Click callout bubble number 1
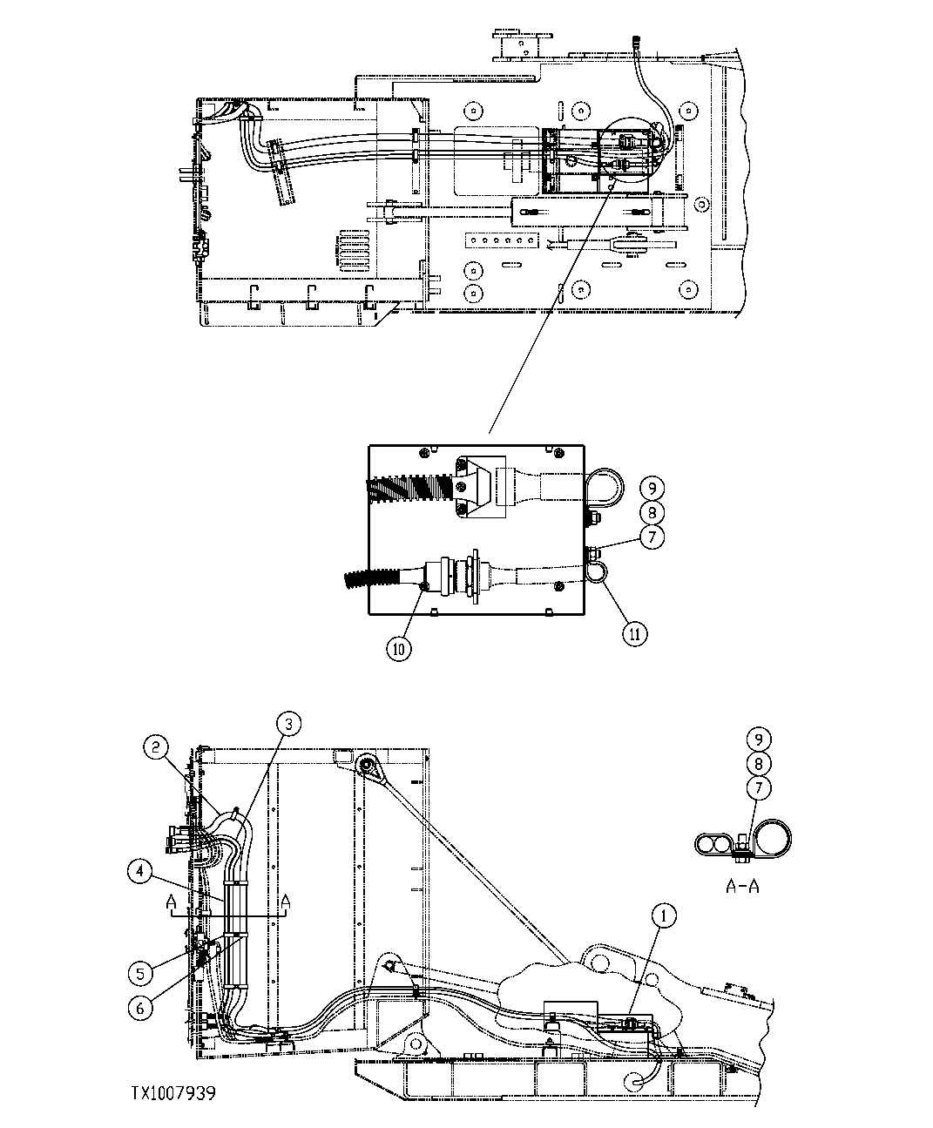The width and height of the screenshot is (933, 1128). coord(666,915)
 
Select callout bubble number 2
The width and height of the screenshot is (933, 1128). coord(156,746)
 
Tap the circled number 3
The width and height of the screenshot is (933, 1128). coord(290,722)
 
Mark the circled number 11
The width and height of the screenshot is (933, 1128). coord(635,634)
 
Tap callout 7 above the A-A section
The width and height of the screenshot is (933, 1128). coord(759,787)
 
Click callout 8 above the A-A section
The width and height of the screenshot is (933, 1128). coord(759,763)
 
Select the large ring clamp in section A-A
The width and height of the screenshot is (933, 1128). coord(772,838)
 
